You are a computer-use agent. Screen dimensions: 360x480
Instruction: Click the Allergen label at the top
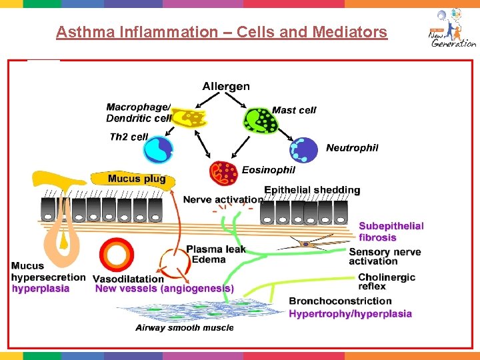226,86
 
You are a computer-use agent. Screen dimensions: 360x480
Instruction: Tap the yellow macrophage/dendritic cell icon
189,118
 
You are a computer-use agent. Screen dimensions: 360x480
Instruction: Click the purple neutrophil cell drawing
305,150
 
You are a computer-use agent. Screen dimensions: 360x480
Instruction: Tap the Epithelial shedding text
312,190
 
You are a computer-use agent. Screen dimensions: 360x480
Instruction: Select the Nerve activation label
223,199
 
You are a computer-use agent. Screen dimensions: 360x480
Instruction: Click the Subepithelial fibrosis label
391,231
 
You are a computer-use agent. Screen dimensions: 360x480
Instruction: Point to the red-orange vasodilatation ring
117,255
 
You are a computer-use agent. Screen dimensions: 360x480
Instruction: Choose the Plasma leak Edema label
216,254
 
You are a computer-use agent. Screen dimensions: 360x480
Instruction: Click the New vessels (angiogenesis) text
165,289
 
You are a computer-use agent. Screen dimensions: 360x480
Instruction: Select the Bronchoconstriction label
340,301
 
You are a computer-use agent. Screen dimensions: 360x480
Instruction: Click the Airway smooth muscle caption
185,327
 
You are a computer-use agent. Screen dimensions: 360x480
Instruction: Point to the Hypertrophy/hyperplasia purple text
350,313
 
